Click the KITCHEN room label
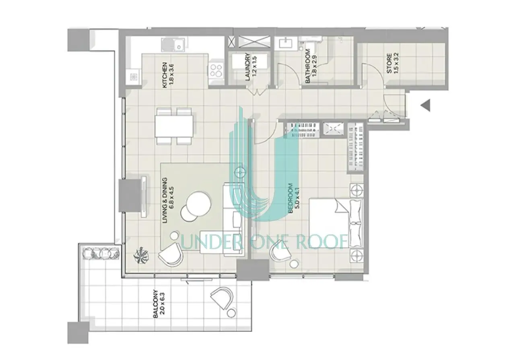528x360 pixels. pyautogui.click(x=165, y=75)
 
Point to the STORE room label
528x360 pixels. pyautogui.click(x=390, y=63)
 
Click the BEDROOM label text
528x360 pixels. pyautogui.click(x=291, y=199)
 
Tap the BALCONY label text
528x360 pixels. pyautogui.click(x=156, y=304)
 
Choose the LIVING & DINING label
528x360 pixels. pyautogui.click(x=165, y=201)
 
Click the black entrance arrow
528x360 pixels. pyautogui.click(x=425, y=105)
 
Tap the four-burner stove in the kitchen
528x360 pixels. pyautogui.click(x=216, y=70)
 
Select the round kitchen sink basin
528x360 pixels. pyautogui.click(x=167, y=45)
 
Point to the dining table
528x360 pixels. pyautogui.click(x=174, y=126)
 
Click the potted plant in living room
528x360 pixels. pyautogui.click(x=141, y=255)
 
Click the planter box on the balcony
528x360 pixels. pyautogui.click(x=101, y=253)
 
